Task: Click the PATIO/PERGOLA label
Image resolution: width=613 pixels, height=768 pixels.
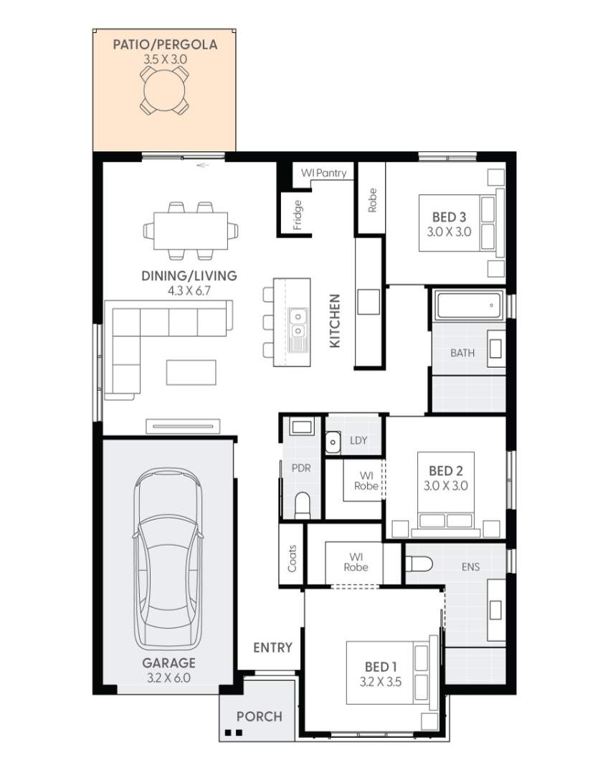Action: (164, 45)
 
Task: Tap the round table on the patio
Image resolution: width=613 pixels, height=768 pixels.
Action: (164, 92)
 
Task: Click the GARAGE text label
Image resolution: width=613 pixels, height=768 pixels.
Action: (168, 663)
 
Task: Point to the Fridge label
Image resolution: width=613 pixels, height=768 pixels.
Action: (298, 215)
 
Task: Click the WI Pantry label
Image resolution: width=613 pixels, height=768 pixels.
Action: (323, 173)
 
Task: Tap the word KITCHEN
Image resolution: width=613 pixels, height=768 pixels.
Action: (334, 321)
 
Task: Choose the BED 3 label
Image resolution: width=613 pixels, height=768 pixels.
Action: (445, 217)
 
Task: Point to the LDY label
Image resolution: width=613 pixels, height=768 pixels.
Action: (358, 440)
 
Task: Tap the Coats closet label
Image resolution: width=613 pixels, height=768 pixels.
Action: (292, 556)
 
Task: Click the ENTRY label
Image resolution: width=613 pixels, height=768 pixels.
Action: (272, 648)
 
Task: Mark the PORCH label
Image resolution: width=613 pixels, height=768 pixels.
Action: (259, 716)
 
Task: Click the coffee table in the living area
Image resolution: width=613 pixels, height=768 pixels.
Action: (191, 372)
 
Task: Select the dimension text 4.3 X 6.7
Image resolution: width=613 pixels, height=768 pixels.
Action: (189, 291)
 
